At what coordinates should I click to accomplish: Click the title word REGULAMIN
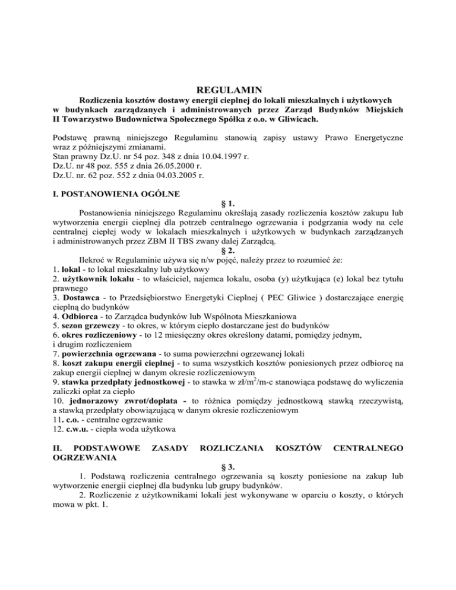(x=229, y=90)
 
